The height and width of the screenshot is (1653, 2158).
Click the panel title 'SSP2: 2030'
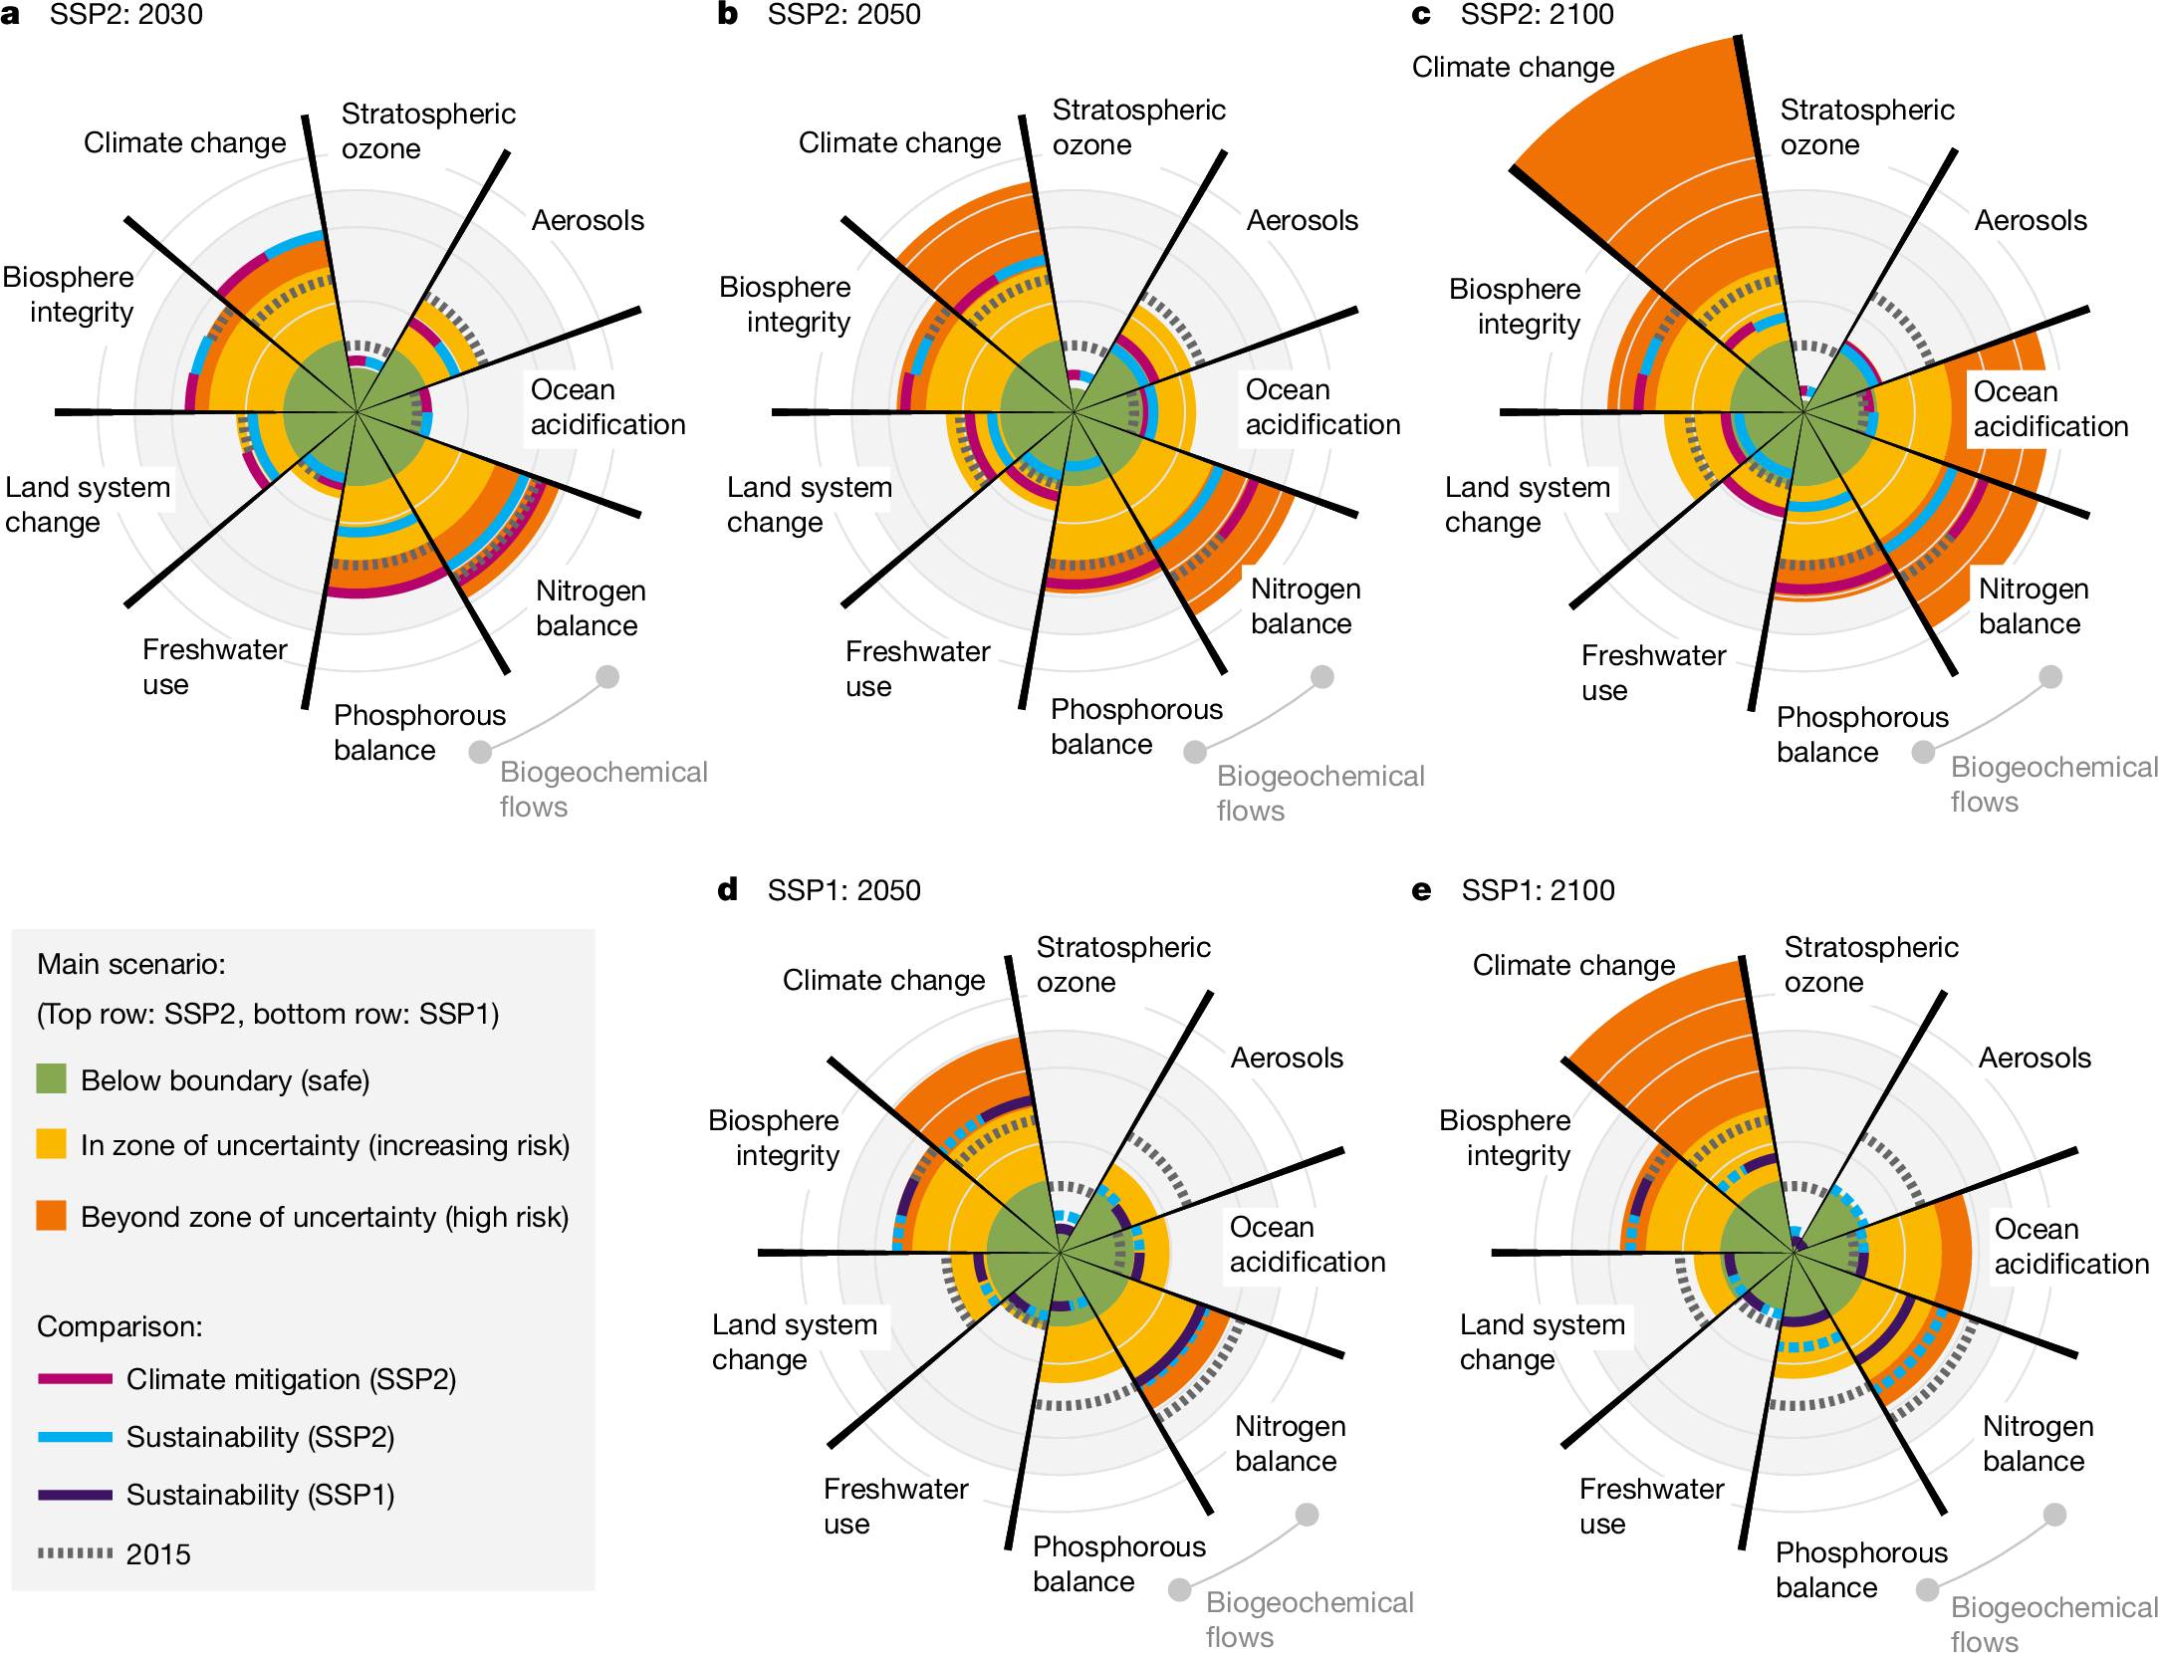pyautogui.click(x=125, y=15)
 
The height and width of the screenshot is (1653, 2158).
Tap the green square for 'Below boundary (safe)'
pyautogui.click(x=51, y=1078)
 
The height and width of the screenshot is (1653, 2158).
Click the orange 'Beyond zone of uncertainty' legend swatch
pyautogui.click(x=51, y=1215)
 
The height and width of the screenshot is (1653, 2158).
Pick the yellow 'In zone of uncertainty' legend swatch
pyautogui.click(x=51, y=1143)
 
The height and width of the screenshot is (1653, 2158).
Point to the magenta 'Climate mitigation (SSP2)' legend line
pyautogui.click(x=75, y=1379)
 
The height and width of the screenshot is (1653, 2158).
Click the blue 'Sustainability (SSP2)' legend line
pyautogui.click(x=75, y=1437)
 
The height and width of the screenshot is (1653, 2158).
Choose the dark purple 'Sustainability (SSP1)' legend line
pyautogui.click(x=75, y=1495)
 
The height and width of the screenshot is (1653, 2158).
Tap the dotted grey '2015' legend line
pyautogui.click(x=75, y=1552)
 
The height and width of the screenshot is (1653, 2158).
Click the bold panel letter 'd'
pyautogui.click(x=728, y=889)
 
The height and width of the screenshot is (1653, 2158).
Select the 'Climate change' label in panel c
pyautogui.click(x=1513, y=67)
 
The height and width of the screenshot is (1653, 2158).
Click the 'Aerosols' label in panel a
pyautogui.click(x=588, y=220)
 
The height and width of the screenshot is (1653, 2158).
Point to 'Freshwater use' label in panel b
pyautogui.click(x=917, y=668)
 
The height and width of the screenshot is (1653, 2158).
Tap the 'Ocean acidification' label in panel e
pyautogui.click(x=2070, y=1246)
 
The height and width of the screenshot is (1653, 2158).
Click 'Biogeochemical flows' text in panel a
pyautogui.click(x=602, y=789)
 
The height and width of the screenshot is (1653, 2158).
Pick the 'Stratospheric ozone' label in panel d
pyautogui.click(x=1122, y=964)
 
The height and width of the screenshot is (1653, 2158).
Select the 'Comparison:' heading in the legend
pyautogui.click(x=120, y=1326)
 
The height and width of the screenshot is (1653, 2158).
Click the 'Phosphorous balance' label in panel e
pyautogui.click(x=1860, y=1569)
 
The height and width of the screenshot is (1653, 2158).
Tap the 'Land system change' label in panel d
pyautogui.click(x=794, y=1341)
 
